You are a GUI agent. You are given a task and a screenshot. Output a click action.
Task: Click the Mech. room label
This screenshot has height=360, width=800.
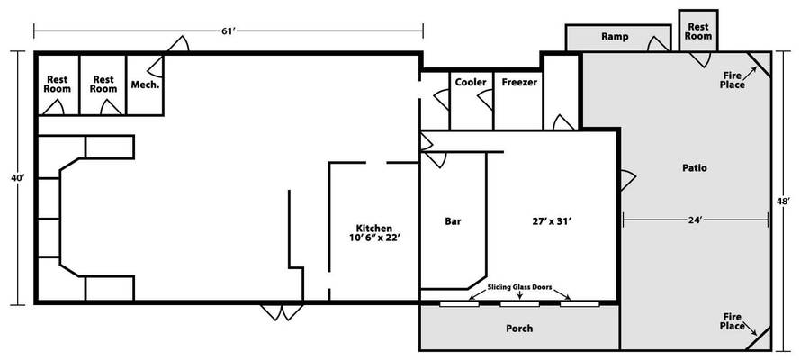[146, 85]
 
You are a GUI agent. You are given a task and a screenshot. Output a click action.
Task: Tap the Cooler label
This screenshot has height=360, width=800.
[471, 82]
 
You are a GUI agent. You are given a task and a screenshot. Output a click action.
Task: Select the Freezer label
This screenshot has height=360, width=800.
[519, 82]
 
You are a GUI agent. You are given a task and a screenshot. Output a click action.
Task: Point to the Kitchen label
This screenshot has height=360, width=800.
[374, 228]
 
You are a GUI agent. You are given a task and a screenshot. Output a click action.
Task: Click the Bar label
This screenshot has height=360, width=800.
[453, 221]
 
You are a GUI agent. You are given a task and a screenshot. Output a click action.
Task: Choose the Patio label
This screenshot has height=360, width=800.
[695, 167]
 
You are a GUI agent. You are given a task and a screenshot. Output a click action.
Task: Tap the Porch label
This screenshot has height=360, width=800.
[519, 328]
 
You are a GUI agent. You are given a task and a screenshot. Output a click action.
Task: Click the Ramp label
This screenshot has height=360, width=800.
[615, 37]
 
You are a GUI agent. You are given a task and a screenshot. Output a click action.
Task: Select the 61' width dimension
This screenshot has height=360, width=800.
[228, 31]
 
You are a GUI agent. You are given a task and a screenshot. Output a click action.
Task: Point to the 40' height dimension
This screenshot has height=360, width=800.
[18, 178]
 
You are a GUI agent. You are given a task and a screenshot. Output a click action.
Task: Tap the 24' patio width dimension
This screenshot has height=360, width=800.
[696, 220]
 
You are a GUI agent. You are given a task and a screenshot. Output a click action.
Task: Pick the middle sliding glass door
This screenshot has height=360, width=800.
[519, 304]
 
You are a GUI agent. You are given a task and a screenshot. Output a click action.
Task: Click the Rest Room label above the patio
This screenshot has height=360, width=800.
[698, 31]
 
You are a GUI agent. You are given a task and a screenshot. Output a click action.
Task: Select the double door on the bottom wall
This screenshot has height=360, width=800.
[282, 312]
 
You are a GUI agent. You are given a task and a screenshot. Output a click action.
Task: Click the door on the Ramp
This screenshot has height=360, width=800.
[658, 44]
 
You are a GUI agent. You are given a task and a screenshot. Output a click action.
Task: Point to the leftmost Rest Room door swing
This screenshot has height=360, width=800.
[53, 107]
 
